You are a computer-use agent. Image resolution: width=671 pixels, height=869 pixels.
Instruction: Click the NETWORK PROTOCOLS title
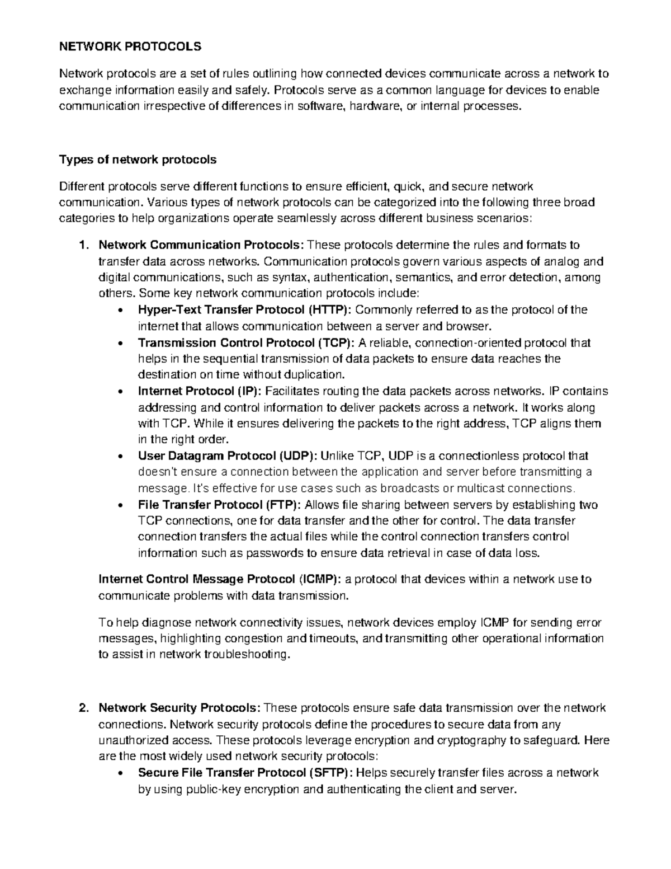pos(130,47)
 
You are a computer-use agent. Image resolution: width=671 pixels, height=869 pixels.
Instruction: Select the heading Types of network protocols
pos(138,160)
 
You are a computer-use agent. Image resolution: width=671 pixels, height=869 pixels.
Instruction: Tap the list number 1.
pos(84,245)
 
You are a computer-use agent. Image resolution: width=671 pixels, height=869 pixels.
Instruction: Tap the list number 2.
pos(84,708)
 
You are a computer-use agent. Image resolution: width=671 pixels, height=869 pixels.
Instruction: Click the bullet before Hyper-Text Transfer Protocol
pos(122,311)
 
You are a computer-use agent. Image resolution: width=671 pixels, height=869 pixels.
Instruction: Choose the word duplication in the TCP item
pos(314,375)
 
